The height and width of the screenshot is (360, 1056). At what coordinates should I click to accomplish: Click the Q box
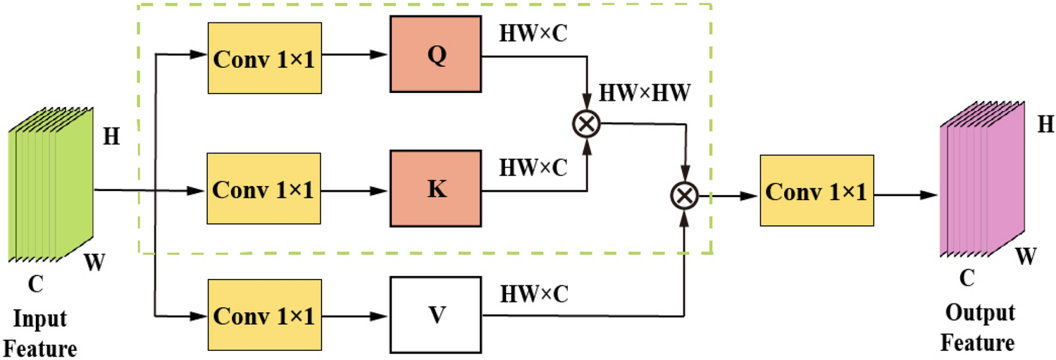click(437, 56)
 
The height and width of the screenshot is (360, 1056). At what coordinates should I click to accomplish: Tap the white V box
click(437, 314)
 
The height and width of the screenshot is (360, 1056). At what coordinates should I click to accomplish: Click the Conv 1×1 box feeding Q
click(264, 58)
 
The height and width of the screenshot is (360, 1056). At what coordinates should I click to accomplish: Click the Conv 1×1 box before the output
click(816, 190)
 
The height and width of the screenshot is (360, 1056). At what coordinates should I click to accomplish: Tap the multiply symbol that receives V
click(685, 191)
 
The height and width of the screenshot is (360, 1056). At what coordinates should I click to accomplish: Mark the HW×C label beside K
click(534, 168)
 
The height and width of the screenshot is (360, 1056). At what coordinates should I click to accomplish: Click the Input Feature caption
click(43, 333)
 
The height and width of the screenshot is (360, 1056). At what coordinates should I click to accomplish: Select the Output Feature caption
click(979, 328)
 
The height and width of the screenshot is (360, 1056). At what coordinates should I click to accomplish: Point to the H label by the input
click(111, 136)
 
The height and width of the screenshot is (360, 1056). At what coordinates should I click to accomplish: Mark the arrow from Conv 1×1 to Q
click(355, 57)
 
